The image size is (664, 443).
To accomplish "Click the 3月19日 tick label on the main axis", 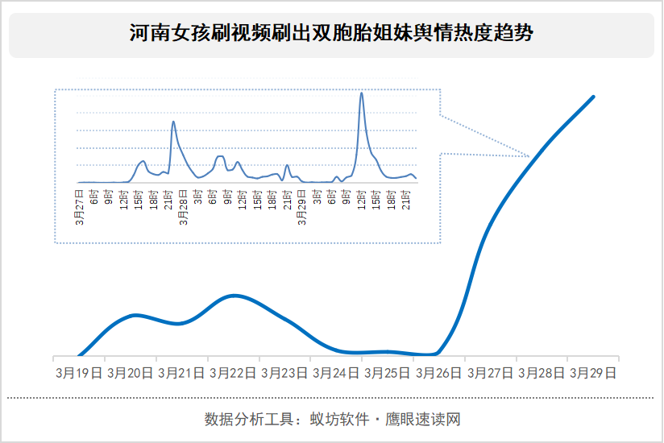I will click(78, 373).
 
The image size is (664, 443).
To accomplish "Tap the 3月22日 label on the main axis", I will click(233, 373).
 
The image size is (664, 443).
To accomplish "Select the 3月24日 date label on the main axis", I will click(335, 373).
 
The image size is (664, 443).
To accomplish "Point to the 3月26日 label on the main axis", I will click(438, 373).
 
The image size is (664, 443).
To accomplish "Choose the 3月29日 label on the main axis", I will click(593, 373).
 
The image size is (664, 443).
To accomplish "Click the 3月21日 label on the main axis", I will click(181, 373).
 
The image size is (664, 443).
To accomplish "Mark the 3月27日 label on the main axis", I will click(490, 373).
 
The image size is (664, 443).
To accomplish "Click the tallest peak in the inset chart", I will click(361, 93).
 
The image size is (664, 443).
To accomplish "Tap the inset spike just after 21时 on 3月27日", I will click(173, 122).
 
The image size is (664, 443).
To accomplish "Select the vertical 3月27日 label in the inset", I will click(79, 208).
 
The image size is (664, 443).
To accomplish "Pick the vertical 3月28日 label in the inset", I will click(184, 208).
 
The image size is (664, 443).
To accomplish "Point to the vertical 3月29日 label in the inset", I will click(302, 208).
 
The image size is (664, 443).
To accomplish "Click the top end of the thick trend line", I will click(593, 97).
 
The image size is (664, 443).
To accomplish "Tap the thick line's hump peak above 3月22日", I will click(234, 296).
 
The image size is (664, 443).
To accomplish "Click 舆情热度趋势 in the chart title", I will click(481, 33).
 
